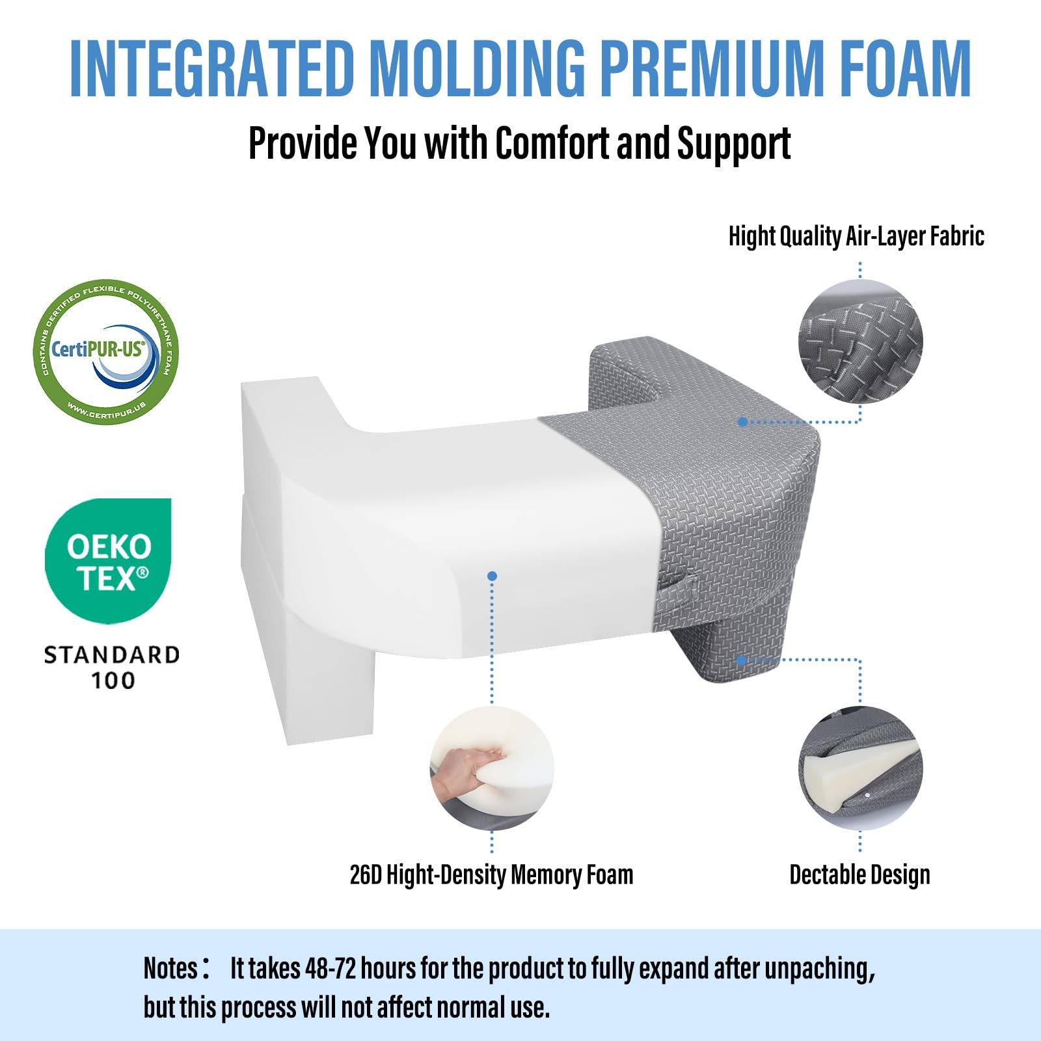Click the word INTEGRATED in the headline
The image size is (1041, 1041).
[x=211, y=68]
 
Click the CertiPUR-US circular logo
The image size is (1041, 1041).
[x=106, y=351]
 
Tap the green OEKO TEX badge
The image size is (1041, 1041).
[x=108, y=560]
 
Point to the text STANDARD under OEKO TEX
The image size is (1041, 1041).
[x=111, y=655]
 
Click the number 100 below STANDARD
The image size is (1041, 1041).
[x=113, y=681]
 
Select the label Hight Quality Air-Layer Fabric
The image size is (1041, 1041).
[x=856, y=236]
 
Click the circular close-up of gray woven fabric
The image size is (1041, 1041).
[x=860, y=342]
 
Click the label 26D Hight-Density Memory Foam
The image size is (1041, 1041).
[x=491, y=875]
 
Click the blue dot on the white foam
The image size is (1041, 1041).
[x=492, y=576]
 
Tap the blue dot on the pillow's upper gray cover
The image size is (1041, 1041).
[x=742, y=422]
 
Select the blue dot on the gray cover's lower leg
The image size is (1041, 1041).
[x=741, y=660]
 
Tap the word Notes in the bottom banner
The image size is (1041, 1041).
[x=170, y=968]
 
